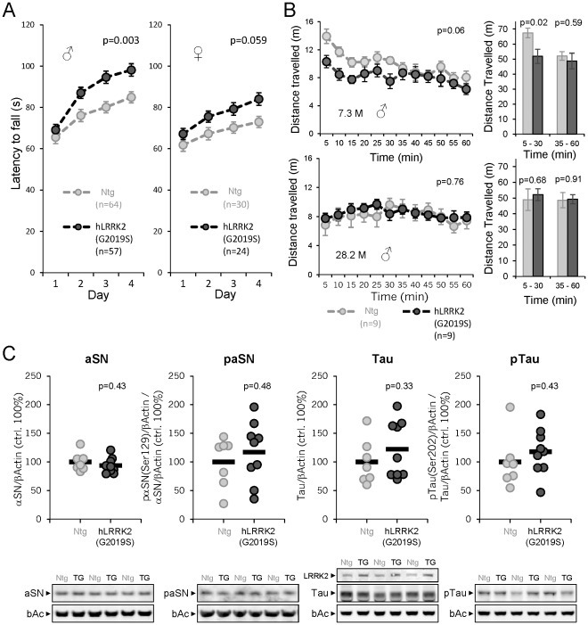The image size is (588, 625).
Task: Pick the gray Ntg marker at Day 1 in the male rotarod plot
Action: (x=55, y=137)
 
